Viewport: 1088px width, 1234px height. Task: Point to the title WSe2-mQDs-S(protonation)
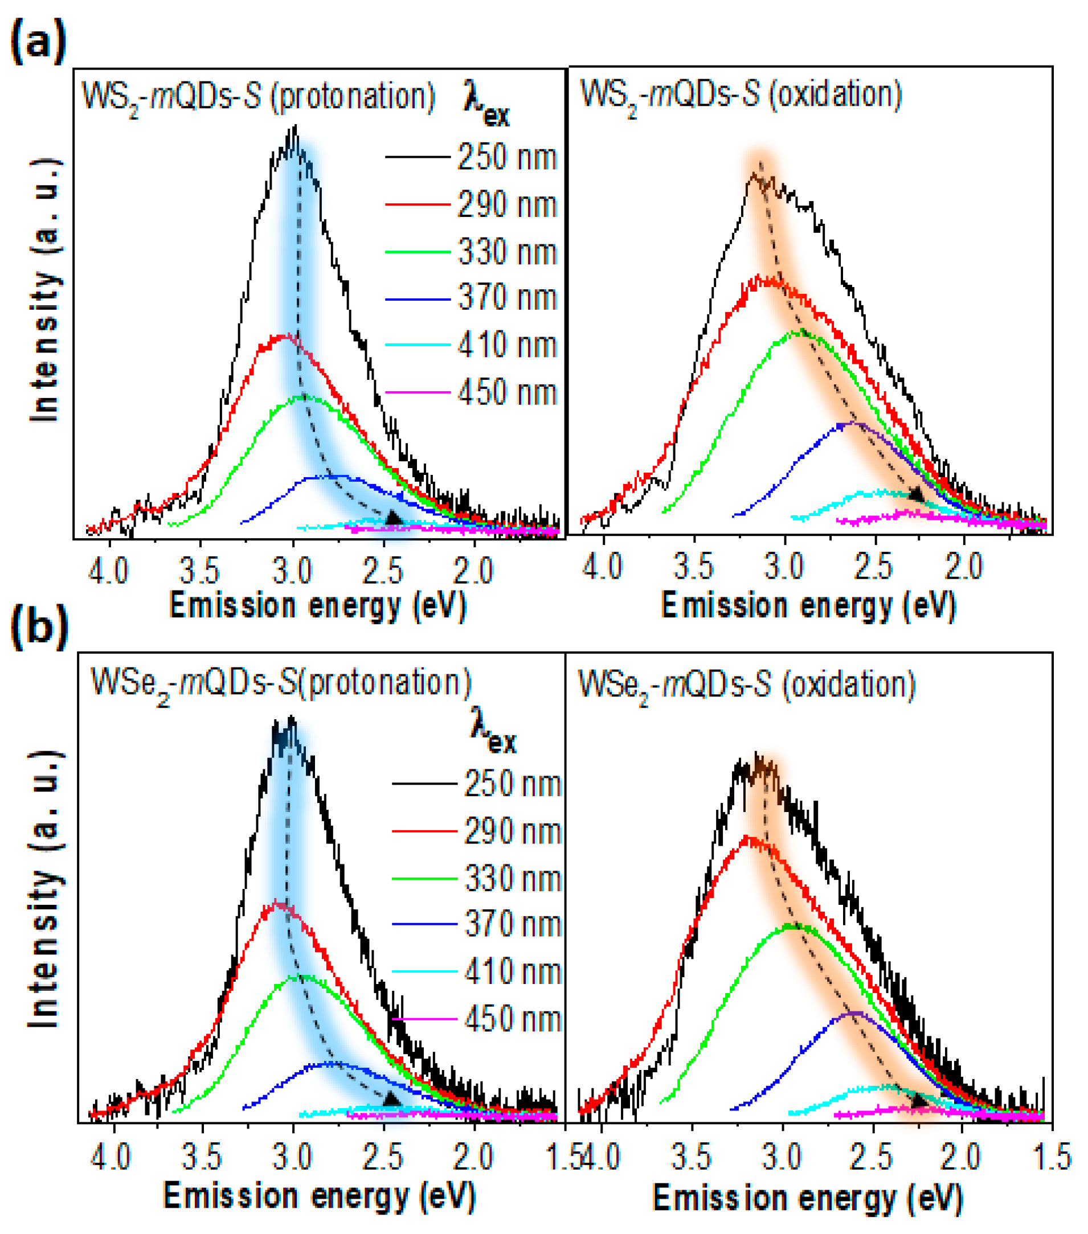pyautogui.click(x=281, y=683)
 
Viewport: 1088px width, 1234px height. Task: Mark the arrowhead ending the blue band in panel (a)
pyautogui.click(x=393, y=518)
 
